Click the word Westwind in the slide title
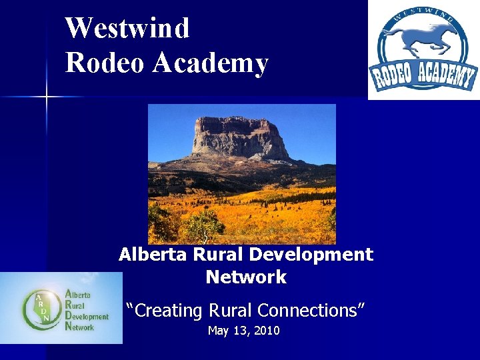[127, 29]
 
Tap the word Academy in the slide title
[210, 63]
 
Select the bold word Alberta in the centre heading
[153, 255]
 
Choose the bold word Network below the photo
[246, 277]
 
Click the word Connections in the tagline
[309, 311]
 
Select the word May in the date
[218, 331]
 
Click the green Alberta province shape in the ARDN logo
[39, 308]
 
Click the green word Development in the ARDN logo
[86, 316]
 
